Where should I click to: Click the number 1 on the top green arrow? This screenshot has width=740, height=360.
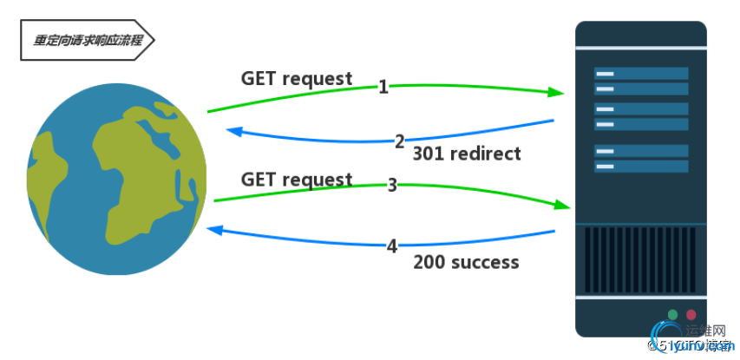point(383,87)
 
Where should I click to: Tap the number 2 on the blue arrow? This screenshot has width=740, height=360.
point(400,141)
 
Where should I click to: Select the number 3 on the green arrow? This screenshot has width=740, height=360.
point(392,185)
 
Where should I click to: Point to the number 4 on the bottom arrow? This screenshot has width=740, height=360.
point(392,246)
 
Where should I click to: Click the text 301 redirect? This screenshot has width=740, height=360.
point(467,154)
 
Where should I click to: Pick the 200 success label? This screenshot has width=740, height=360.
point(466,262)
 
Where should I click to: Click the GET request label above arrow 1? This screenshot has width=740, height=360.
point(297,79)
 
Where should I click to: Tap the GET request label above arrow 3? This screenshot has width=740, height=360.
point(297,180)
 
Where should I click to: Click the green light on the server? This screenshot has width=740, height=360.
point(672,314)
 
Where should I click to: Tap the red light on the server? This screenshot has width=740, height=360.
point(691,314)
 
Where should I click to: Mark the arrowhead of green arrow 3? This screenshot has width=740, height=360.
point(563,206)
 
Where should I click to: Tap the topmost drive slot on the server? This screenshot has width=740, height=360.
point(641,74)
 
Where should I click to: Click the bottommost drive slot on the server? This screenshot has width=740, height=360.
point(641,166)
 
